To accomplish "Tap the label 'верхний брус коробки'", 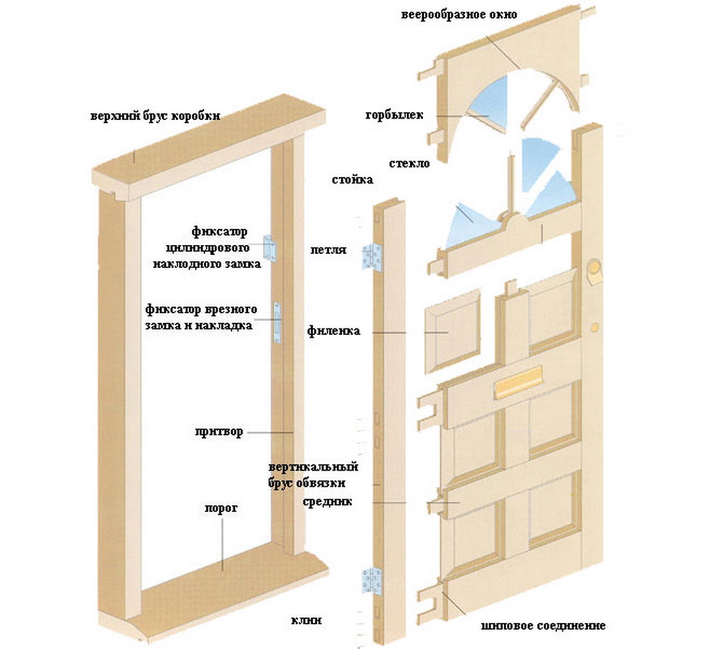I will click(x=155, y=115).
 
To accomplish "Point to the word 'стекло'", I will click(x=408, y=162).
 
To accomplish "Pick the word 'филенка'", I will click(x=334, y=331).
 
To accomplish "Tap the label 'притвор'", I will click(x=218, y=431).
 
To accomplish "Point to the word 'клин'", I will click(x=306, y=621).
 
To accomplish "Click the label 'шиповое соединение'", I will click(x=542, y=625).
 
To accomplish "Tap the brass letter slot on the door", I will click(x=515, y=381).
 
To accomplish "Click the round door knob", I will click(x=594, y=269).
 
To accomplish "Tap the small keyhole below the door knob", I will click(x=594, y=326).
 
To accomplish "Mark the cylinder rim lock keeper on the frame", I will click(x=271, y=249).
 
